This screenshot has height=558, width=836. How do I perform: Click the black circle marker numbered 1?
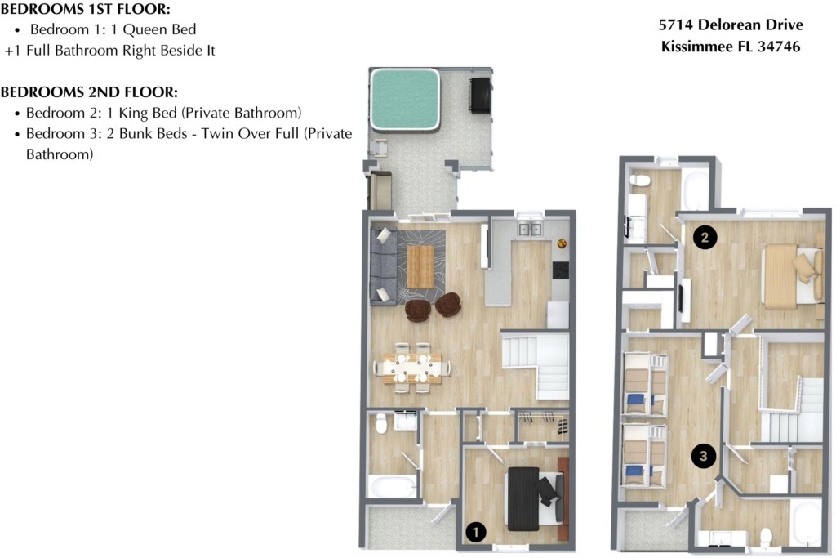476,533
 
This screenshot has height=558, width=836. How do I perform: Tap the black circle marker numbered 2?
705,238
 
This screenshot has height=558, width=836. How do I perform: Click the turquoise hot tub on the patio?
405,98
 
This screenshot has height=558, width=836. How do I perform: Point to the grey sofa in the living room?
382,266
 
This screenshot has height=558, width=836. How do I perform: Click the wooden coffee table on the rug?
420,266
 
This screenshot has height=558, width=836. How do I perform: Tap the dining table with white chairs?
412,367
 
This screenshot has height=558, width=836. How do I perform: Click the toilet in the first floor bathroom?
380,424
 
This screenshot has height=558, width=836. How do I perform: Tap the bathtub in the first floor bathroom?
393,486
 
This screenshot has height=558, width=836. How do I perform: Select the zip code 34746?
779,47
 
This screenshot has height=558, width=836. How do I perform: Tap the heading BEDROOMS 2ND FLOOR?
90,92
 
